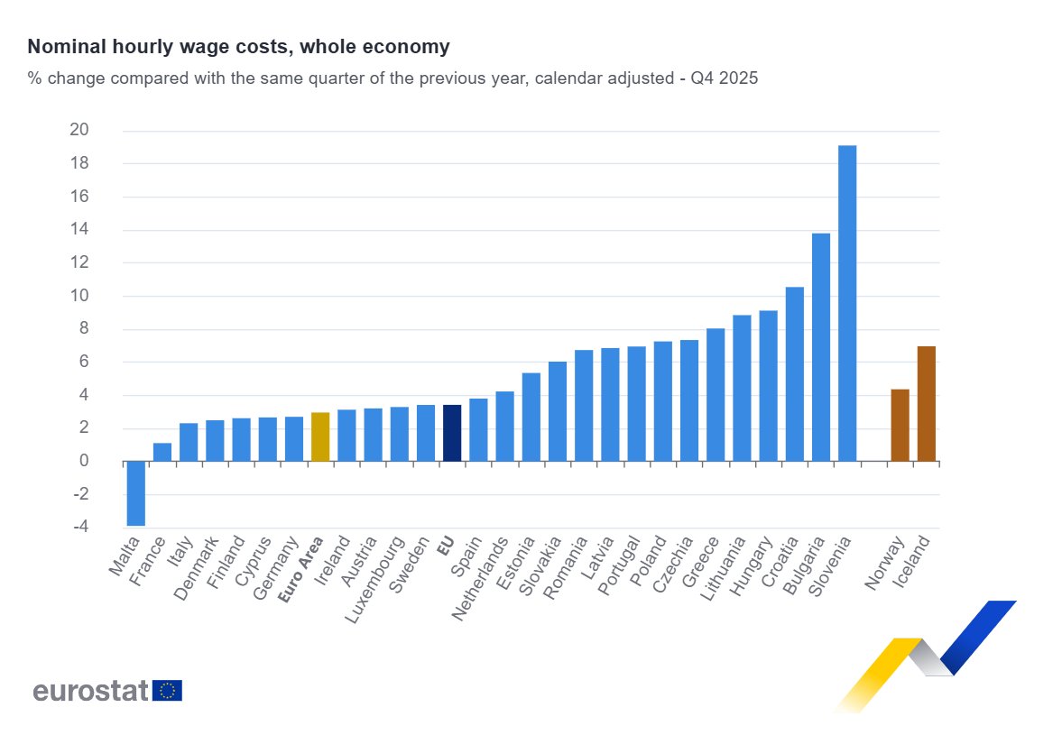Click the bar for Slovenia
click(847, 303)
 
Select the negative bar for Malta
click(136, 493)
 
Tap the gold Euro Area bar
click(320, 437)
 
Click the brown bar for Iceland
click(926, 404)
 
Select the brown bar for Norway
click(900, 426)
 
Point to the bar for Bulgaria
click(821, 347)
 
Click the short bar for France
click(162, 453)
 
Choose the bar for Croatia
click(795, 374)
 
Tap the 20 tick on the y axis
click(79, 130)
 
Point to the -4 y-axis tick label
click(79, 528)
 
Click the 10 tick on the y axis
click(79, 296)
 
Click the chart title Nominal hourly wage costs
click(238, 46)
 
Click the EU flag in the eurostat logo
click(168, 691)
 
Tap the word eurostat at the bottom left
click(90, 691)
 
